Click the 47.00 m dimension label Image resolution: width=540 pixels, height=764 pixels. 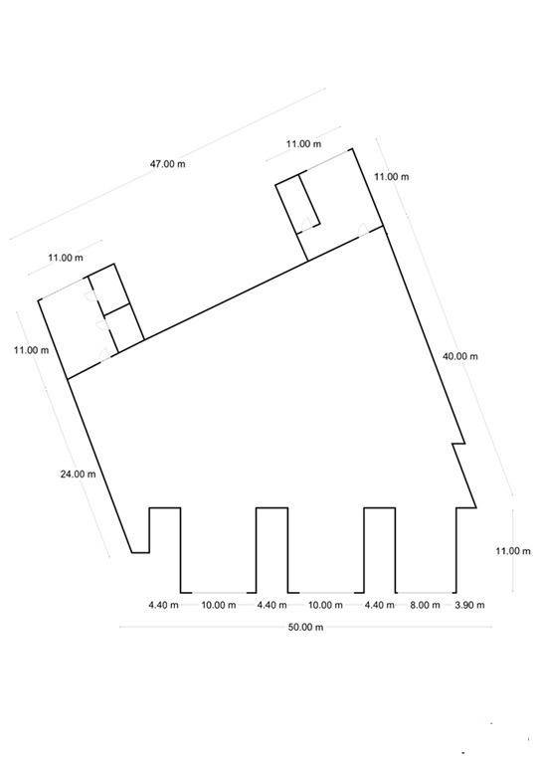[x=167, y=164]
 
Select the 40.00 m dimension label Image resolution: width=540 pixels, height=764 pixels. [x=459, y=356]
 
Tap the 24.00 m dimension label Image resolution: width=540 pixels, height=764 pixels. [x=78, y=474]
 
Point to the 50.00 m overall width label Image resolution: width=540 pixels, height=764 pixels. [x=305, y=627]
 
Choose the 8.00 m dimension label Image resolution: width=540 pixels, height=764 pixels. [x=425, y=605]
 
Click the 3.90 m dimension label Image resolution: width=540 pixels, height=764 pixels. [x=469, y=605]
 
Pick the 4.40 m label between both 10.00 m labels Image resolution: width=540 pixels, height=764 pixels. [x=271, y=605]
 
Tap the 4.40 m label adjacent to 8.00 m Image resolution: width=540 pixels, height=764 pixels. [x=380, y=605]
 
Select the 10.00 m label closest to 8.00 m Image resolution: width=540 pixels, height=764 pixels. [x=325, y=605]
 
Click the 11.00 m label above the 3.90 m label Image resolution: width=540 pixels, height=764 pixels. [x=513, y=551]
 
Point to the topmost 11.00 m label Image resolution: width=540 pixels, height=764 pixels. [x=303, y=143]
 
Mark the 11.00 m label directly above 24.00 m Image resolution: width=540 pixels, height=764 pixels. [x=31, y=350]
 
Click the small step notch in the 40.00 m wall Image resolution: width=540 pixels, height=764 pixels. [x=458, y=444]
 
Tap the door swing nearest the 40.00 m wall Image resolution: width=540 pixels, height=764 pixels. [x=363, y=229]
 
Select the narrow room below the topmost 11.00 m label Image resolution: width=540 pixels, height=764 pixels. [x=297, y=202]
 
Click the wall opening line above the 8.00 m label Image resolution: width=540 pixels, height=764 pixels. [x=425, y=593]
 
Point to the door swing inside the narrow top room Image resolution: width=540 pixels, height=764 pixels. [x=304, y=225]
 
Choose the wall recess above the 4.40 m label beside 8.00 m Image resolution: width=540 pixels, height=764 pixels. [x=380, y=550]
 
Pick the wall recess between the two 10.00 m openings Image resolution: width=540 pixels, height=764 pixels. [x=271, y=550]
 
